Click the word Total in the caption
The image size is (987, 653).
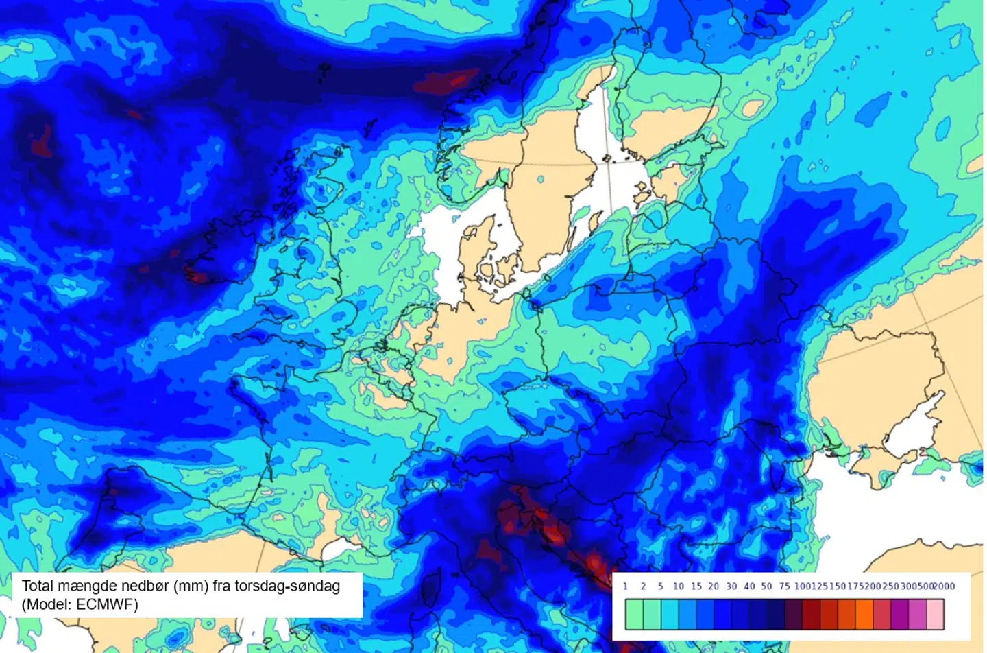click(38, 586)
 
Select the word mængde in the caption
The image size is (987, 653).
click(87, 586)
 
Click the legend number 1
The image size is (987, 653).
click(625, 586)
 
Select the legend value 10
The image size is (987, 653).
click(678, 586)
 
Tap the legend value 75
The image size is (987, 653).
click(784, 586)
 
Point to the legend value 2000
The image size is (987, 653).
click(944, 586)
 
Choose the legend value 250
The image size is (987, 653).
click(890, 586)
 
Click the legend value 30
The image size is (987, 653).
click(731, 586)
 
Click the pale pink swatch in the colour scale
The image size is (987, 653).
click(935, 614)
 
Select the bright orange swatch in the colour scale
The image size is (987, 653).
click(864, 614)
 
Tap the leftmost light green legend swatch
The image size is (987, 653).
click(635, 614)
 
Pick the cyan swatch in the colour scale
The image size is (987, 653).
click(670, 614)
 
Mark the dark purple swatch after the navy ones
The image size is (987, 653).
click(793, 614)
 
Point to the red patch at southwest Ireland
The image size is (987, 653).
click(197, 277)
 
